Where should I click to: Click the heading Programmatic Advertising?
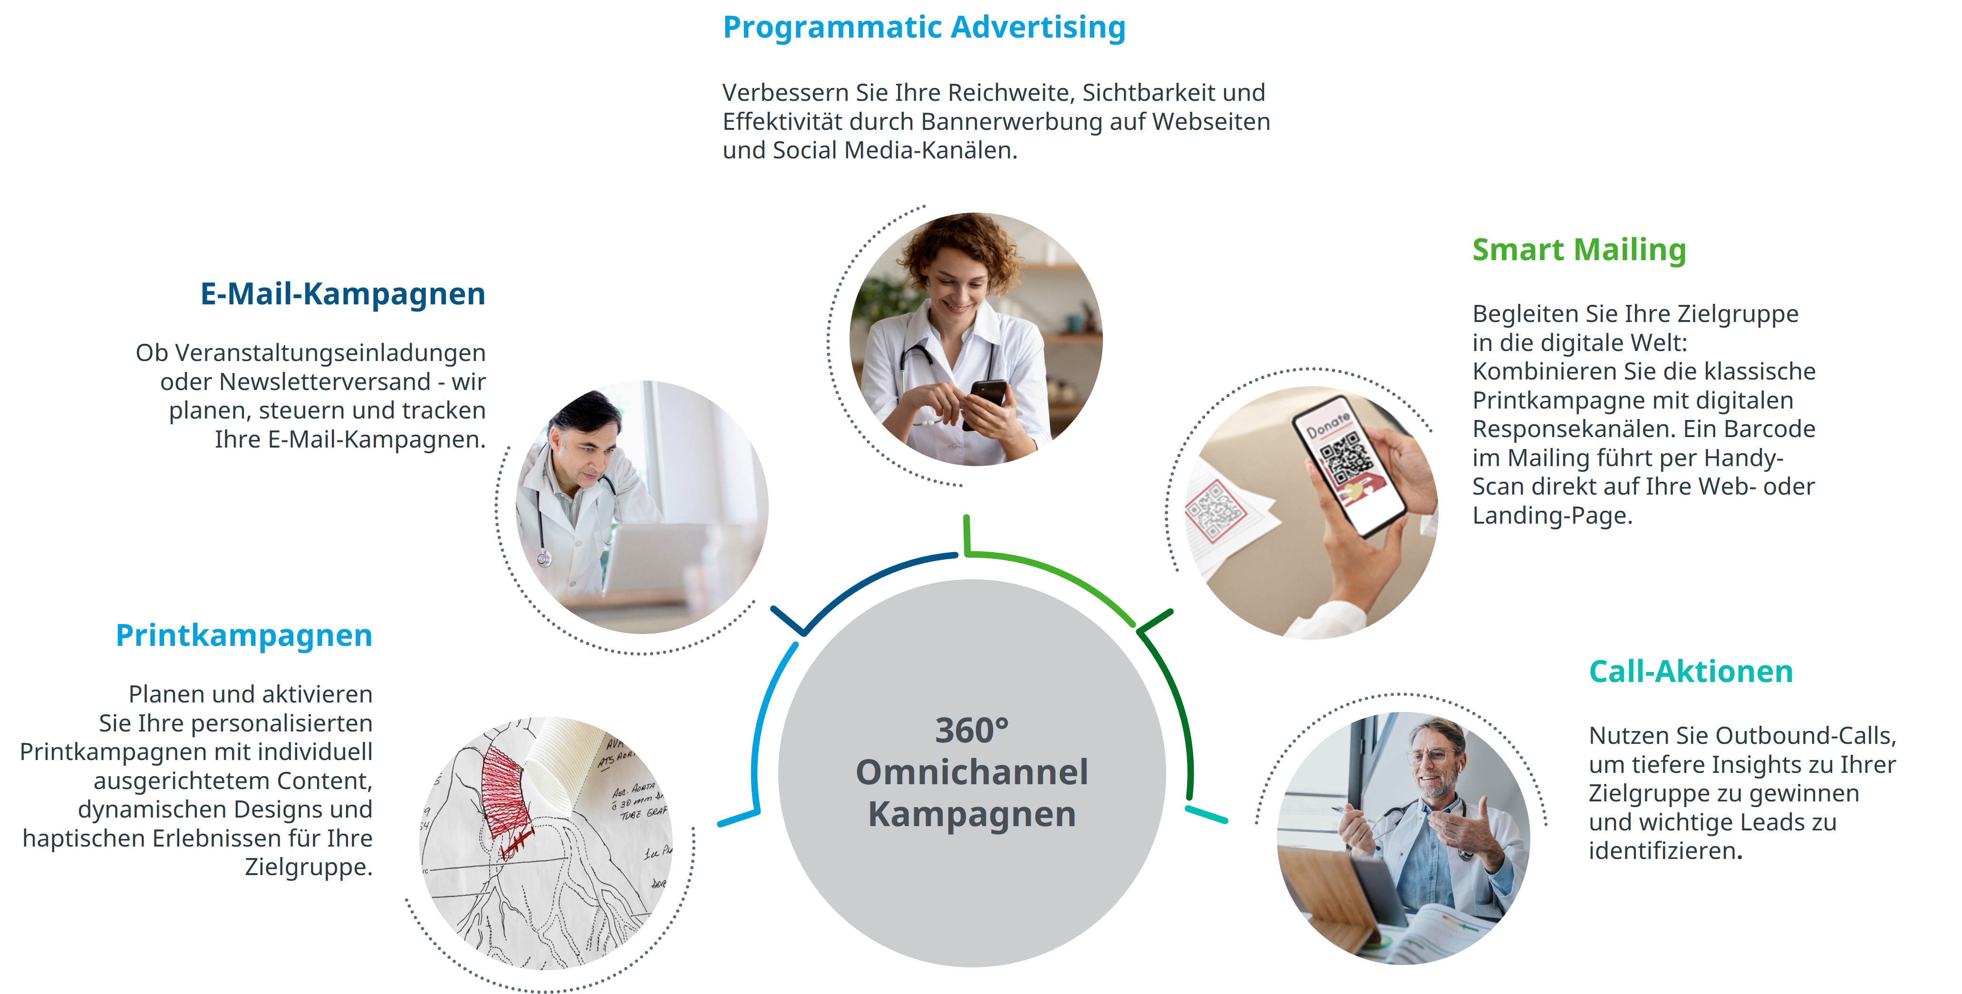coord(924,28)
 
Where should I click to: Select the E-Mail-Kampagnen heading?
coord(343,294)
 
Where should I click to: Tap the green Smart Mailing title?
coord(1579,250)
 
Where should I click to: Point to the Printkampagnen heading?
coord(244,636)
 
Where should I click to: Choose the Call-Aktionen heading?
coord(1691,671)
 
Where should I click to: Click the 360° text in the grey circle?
coord(972,731)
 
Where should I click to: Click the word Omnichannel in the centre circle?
coord(972,772)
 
